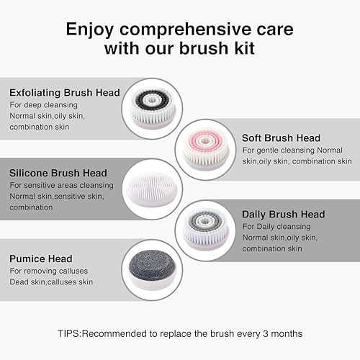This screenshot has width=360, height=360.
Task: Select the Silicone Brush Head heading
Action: (58, 174)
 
